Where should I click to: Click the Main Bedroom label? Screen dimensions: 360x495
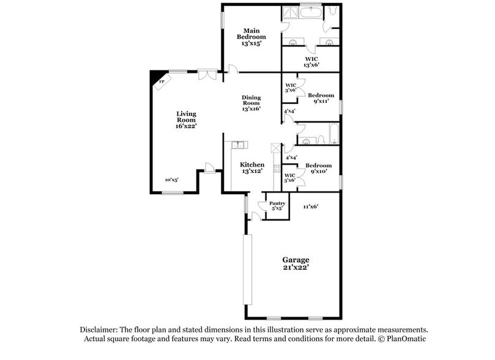251,37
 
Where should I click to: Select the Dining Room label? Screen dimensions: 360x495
251,103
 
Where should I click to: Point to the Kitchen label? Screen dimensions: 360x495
252,168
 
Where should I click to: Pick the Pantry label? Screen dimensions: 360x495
277,206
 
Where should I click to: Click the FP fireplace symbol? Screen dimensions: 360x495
162,81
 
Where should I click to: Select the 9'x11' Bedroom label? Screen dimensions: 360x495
321,98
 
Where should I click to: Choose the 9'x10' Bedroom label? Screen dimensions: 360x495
319,168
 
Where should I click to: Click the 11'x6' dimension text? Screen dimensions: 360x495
310,206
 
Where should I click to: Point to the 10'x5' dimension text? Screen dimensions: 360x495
172,180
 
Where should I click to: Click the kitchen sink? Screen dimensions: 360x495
239,145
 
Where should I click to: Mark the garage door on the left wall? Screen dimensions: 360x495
246,270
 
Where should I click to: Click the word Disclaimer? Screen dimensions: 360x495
104,329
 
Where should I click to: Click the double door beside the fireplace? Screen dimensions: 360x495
207,75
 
